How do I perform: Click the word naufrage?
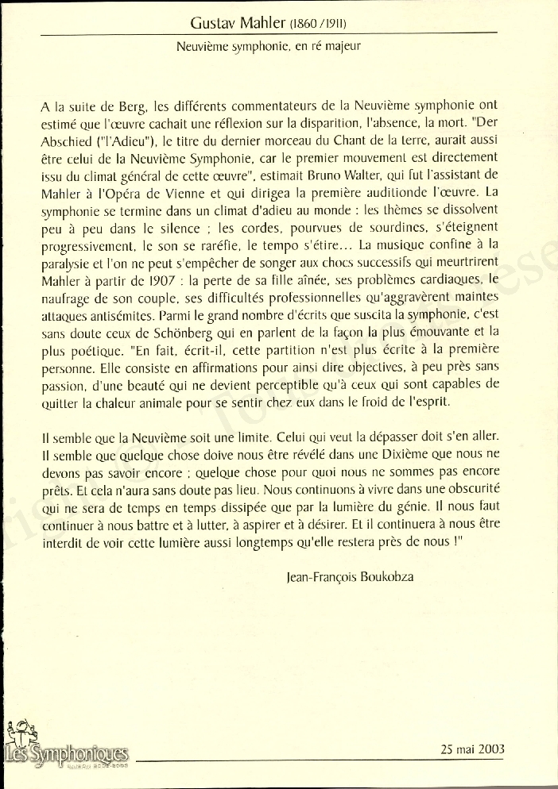tap(65, 297)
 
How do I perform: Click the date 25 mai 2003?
tap(471, 749)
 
